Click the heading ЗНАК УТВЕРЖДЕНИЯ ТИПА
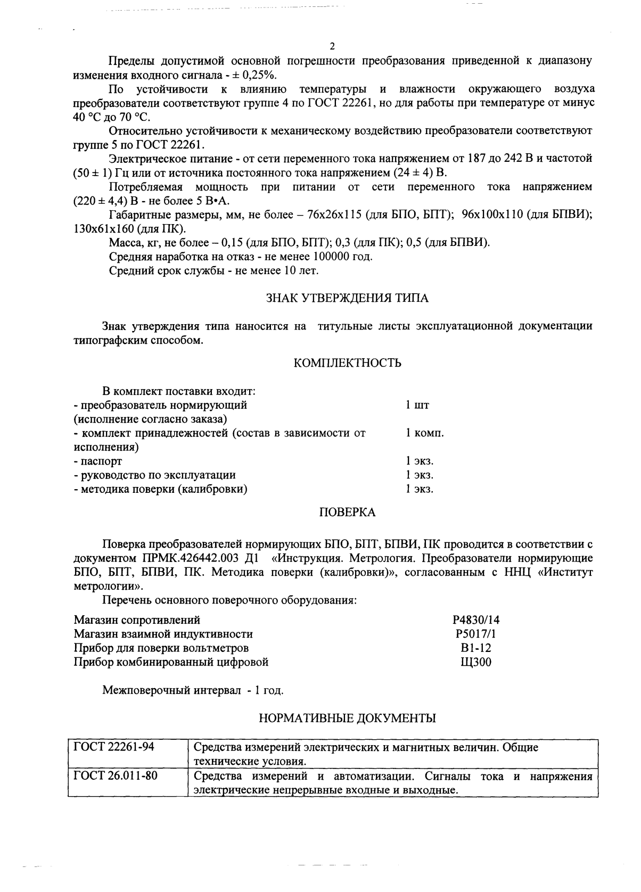coord(347,298)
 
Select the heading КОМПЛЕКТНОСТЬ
coord(347,363)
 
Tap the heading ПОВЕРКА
coord(347,512)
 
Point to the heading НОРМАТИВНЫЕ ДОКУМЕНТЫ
coord(347,718)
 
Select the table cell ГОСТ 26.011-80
coord(116,775)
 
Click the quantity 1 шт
coord(417,405)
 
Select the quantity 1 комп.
coord(424,433)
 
